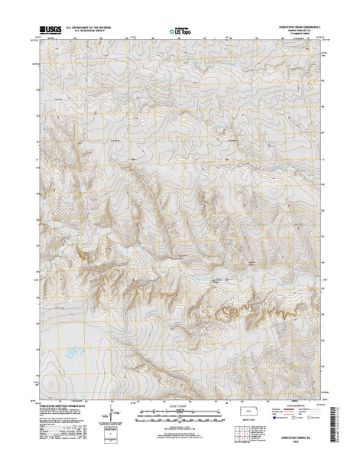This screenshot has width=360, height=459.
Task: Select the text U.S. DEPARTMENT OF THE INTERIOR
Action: point(88,28)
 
